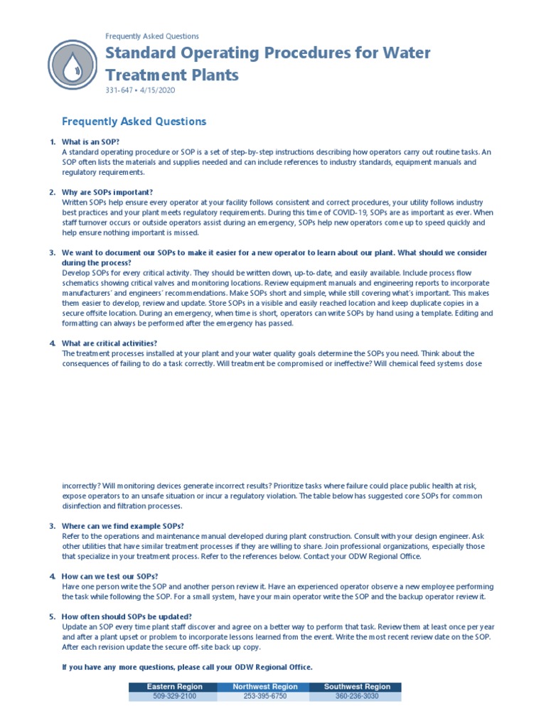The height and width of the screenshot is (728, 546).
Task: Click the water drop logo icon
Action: (72, 65)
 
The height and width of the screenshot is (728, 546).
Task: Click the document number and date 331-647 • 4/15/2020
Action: (139, 91)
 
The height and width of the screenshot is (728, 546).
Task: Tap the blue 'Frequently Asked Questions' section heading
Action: (134, 122)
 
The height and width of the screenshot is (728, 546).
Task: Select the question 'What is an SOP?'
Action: (90, 142)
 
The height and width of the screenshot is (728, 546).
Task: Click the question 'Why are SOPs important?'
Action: (107, 192)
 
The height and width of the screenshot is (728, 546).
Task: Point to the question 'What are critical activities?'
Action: (109, 343)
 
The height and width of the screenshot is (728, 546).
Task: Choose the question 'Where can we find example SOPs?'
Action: (123, 526)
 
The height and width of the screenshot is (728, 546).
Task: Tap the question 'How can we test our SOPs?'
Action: (109, 576)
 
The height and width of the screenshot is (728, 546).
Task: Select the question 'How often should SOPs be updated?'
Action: (127, 616)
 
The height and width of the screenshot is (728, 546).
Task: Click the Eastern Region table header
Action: (174, 687)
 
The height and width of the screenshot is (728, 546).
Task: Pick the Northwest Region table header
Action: (264, 687)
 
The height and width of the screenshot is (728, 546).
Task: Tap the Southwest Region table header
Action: (356, 687)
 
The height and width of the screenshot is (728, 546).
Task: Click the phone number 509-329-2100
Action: (174, 697)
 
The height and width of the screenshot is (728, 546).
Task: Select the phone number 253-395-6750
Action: (264, 697)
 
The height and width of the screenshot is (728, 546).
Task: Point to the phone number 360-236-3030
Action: (356, 697)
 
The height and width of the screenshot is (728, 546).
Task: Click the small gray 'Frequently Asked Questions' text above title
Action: (152, 36)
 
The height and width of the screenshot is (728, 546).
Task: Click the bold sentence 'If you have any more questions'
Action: (187, 667)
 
